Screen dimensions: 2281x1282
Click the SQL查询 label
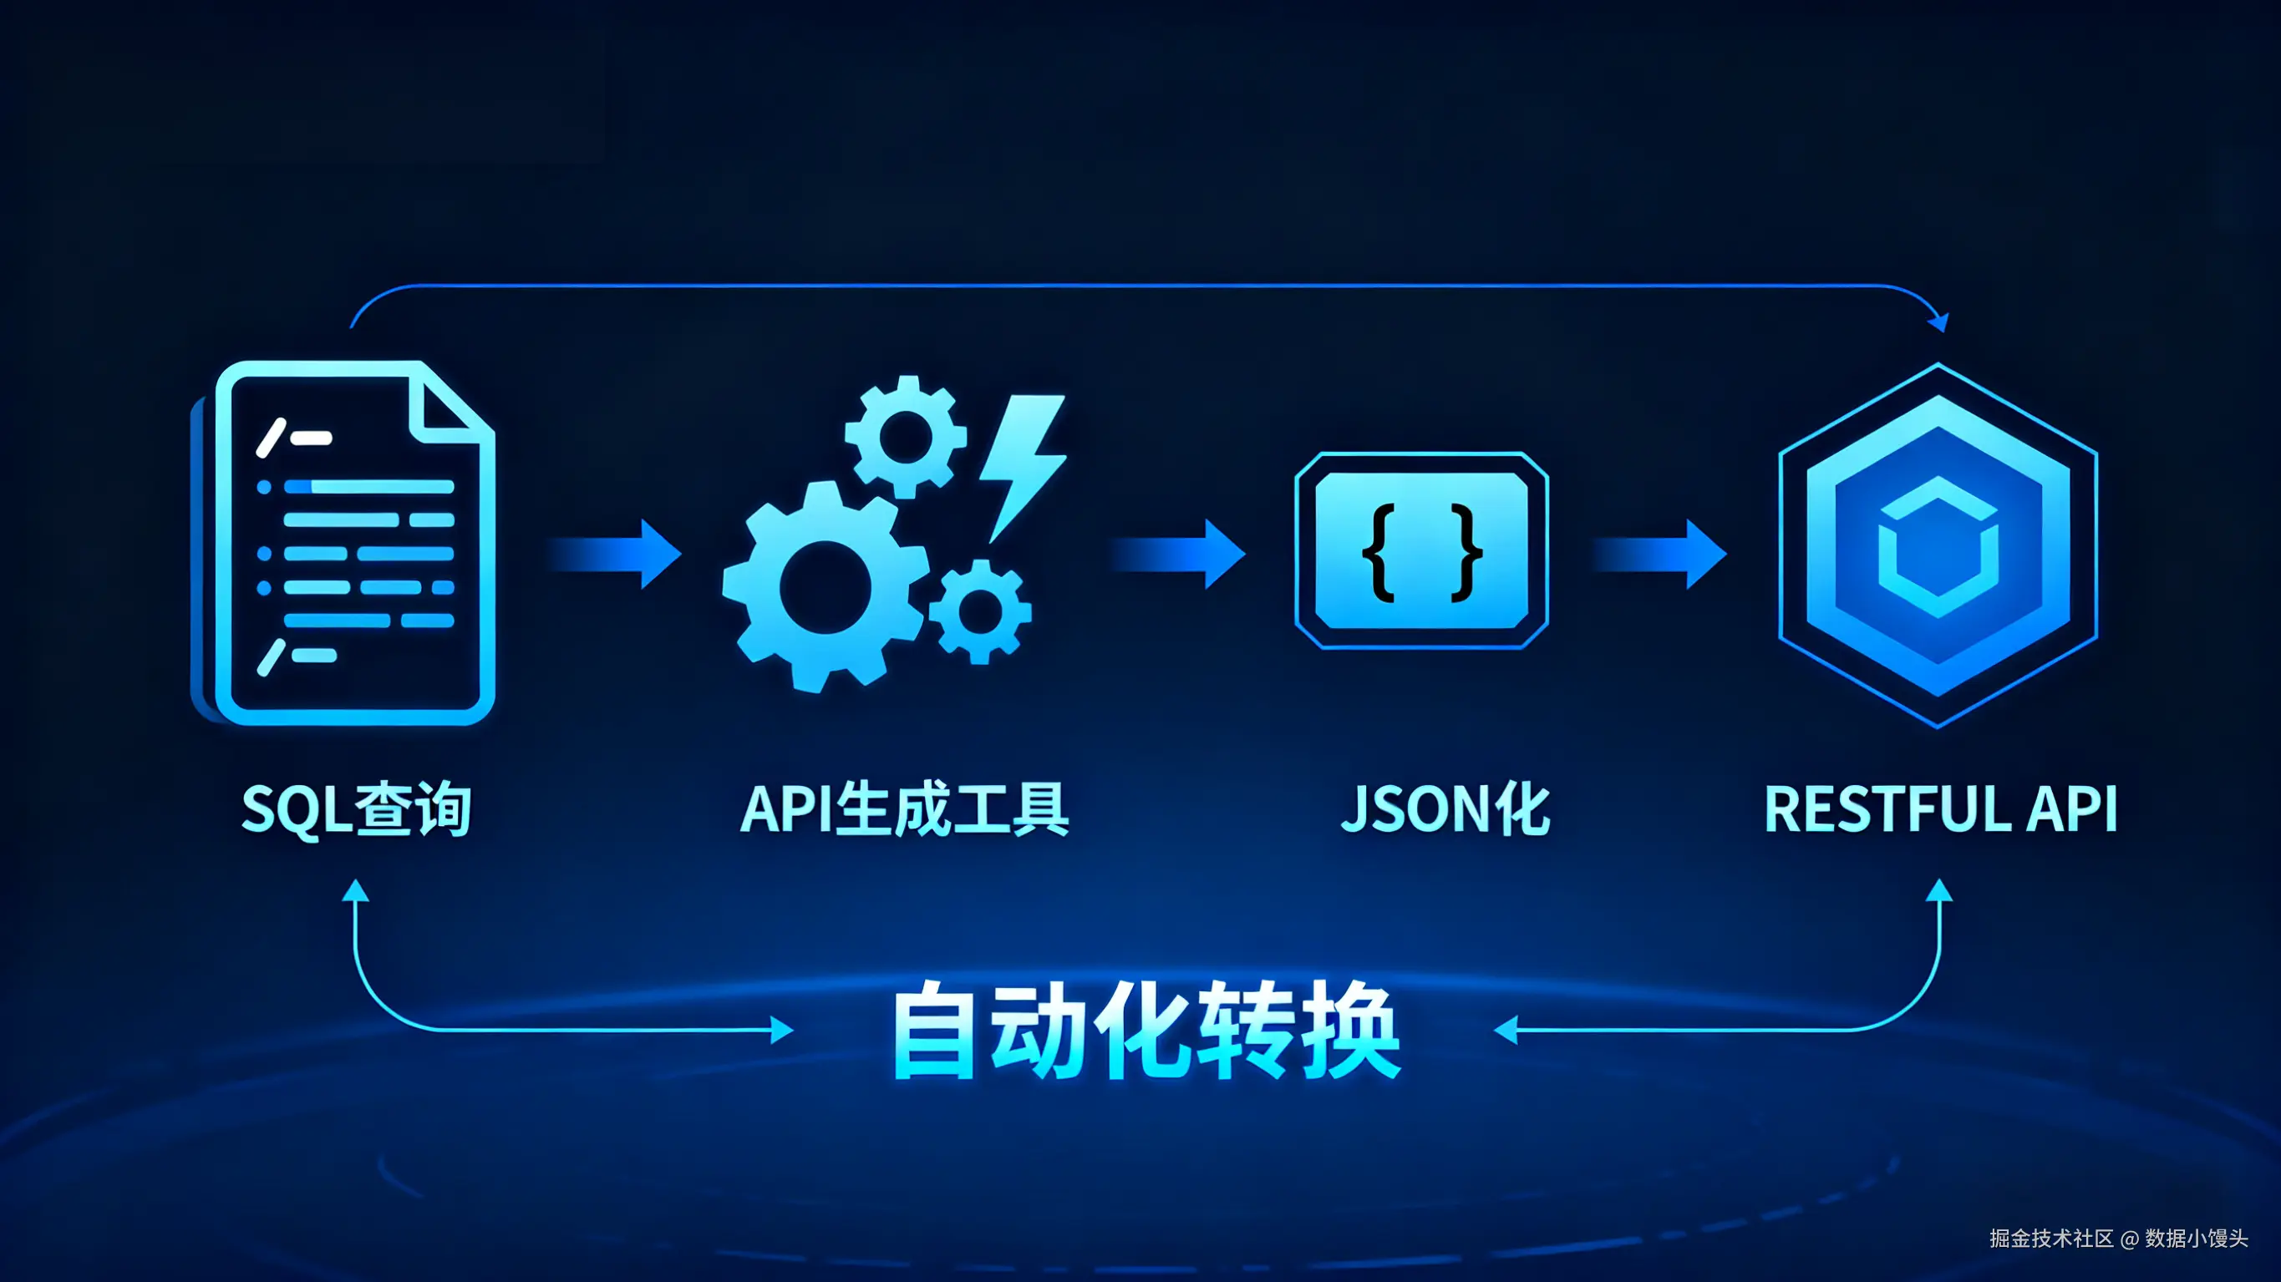click(x=356, y=809)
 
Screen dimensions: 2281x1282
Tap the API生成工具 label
click(x=904, y=809)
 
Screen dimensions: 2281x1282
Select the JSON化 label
click(x=1445, y=809)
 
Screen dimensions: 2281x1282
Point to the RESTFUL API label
click(x=1940, y=809)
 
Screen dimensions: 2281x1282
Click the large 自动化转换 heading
click(x=1146, y=1031)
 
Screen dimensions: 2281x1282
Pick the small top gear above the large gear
click(x=905, y=437)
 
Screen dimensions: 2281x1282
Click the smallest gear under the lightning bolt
click(x=980, y=611)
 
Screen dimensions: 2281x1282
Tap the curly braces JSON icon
click(x=1421, y=550)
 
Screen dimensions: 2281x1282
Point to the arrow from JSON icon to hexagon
click(x=1661, y=555)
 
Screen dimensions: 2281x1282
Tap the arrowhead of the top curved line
click(x=1939, y=322)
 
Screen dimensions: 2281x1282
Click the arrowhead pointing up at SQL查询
click(x=355, y=889)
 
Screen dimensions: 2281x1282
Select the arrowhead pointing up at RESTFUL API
click(x=1939, y=889)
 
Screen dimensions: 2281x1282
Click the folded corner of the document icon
click(x=447, y=403)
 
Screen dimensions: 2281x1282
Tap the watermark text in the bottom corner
click(x=2117, y=1238)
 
